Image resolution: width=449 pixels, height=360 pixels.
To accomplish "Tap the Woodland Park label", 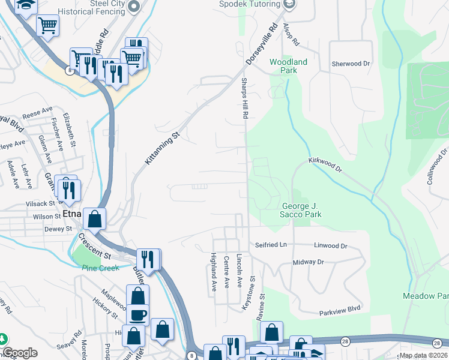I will click(288, 66).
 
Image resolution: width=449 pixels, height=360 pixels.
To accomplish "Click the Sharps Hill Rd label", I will click(245, 98).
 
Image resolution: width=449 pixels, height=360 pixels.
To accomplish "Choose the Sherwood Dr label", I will click(351, 63).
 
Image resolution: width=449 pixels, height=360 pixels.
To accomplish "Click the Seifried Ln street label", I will click(272, 245).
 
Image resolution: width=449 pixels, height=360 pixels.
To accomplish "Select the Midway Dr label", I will click(308, 262).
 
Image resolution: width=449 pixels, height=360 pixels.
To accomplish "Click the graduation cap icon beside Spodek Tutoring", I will click(290, 4).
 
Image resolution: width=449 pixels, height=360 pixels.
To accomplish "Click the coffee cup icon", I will click(137, 314).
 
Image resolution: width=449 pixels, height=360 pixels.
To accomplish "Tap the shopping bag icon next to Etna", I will click(95, 218).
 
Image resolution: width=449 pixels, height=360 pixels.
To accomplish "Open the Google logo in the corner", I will click(20, 353).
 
